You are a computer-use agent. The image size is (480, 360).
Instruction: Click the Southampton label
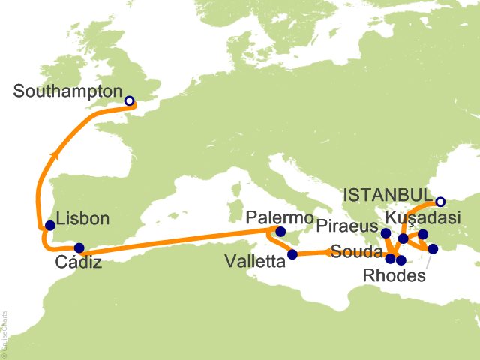coord(67,92)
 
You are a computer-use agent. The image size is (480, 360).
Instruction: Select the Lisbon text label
coord(82,220)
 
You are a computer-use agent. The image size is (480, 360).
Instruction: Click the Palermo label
coord(278,217)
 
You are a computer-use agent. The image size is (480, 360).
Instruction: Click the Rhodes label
coord(394,275)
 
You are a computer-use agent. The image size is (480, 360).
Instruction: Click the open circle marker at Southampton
coord(129,100)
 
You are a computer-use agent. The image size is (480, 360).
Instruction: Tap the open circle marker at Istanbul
coord(440,201)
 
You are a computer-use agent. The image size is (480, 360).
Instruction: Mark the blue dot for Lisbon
coord(49,225)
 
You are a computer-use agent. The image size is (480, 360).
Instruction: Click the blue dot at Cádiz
coord(79,247)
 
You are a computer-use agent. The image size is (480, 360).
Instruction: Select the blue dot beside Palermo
coord(280,232)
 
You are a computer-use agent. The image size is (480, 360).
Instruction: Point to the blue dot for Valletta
coord(292,254)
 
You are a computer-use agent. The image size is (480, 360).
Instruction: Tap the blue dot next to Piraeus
coord(385,233)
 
